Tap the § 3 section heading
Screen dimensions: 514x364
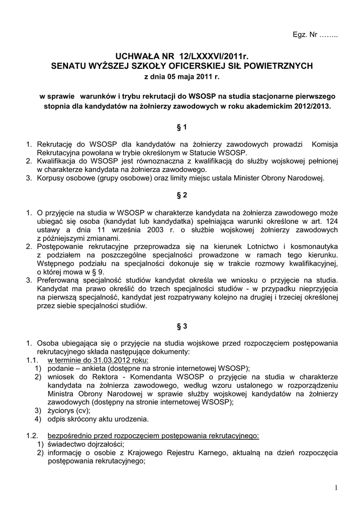coord(181,326)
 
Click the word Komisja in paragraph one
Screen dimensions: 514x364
coord(325,145)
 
